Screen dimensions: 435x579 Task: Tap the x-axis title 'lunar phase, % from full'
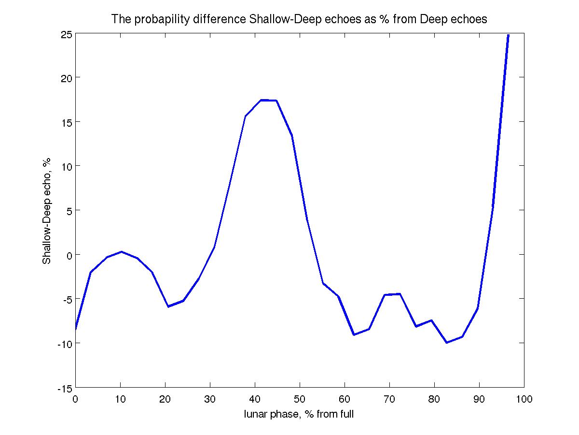tap(299, 414)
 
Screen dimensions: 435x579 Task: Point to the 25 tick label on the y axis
tap(67, 34)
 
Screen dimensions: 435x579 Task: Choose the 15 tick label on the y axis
tap(67, 122)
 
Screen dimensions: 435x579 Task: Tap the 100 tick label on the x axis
tap(524, 399)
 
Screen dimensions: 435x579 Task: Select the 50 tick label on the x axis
tap(300, 399)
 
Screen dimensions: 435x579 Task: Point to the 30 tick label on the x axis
tap(210, 399)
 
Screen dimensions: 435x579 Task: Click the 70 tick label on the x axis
tap(389, 399)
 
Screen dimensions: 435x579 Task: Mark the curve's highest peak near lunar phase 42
tap(261, 100)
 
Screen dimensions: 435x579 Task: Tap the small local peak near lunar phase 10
tap(122, 252)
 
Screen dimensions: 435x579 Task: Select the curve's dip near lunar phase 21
tap(168, 306)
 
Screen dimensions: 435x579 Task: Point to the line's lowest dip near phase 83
tap(447, 343)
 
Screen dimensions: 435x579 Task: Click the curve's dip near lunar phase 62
tap(354, 334)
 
